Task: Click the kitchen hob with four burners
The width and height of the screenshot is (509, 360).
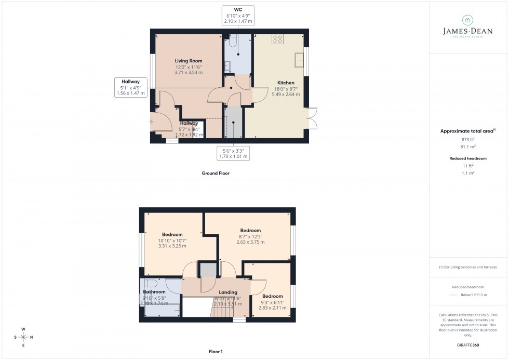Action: coord(277,38)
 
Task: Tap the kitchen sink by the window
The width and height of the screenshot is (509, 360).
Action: coord(299,60)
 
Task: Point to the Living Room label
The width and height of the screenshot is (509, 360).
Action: coord(188,61)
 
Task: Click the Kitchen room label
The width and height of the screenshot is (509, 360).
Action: coord(286,83)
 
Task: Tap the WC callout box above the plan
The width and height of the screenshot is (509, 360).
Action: coord(238,15)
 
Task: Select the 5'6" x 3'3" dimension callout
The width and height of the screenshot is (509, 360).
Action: coord(233,153)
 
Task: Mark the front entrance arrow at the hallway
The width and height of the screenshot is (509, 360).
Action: coord(151,122)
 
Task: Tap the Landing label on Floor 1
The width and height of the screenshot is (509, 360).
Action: coord(228,292)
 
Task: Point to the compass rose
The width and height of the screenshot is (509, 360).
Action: coord(24,337)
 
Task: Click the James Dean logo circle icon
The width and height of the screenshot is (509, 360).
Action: coord(467,20)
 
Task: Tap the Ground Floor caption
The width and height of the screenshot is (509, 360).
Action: coord(216,173)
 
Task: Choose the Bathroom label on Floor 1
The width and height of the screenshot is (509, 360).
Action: coord(154,292)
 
